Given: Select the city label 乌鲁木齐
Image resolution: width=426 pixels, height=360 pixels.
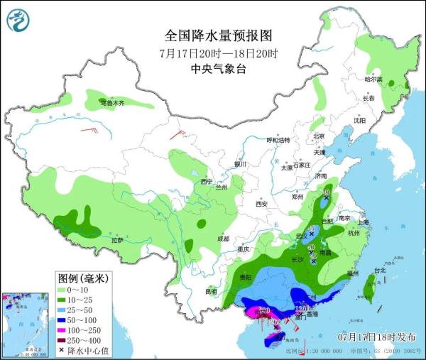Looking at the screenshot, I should (111, 103).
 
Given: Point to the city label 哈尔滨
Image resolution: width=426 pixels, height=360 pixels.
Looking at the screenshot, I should (373, 79).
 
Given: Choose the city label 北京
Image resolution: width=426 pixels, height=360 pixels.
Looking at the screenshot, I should (319, 136).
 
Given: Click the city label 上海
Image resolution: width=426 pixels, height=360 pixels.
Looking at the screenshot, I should (364, 222).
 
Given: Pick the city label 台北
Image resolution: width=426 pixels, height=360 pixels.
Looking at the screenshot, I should (379, 271).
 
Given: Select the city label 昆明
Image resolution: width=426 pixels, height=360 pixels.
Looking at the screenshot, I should (211, 291).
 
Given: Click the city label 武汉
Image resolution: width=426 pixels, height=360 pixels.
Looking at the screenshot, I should (300, 235).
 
